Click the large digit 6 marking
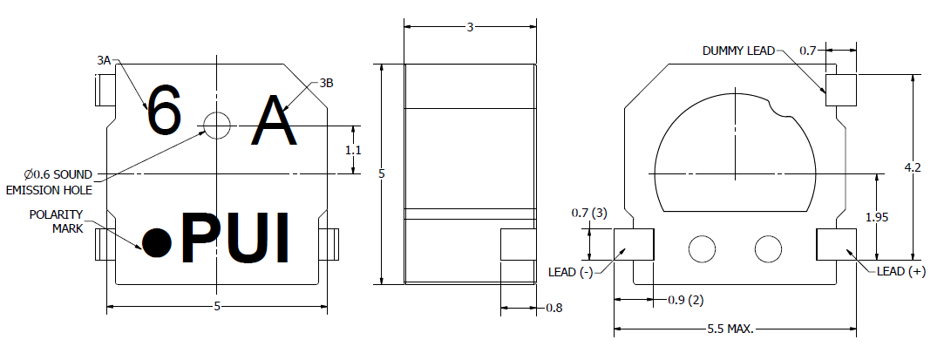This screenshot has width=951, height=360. click(x=165, y=111)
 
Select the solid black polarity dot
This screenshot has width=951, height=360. click(x=157, y=243)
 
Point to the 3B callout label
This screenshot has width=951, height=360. click(x=326, y=83)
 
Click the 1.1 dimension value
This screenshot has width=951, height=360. click(x=354, y=150)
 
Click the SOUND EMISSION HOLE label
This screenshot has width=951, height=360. click(x=50, y=182)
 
